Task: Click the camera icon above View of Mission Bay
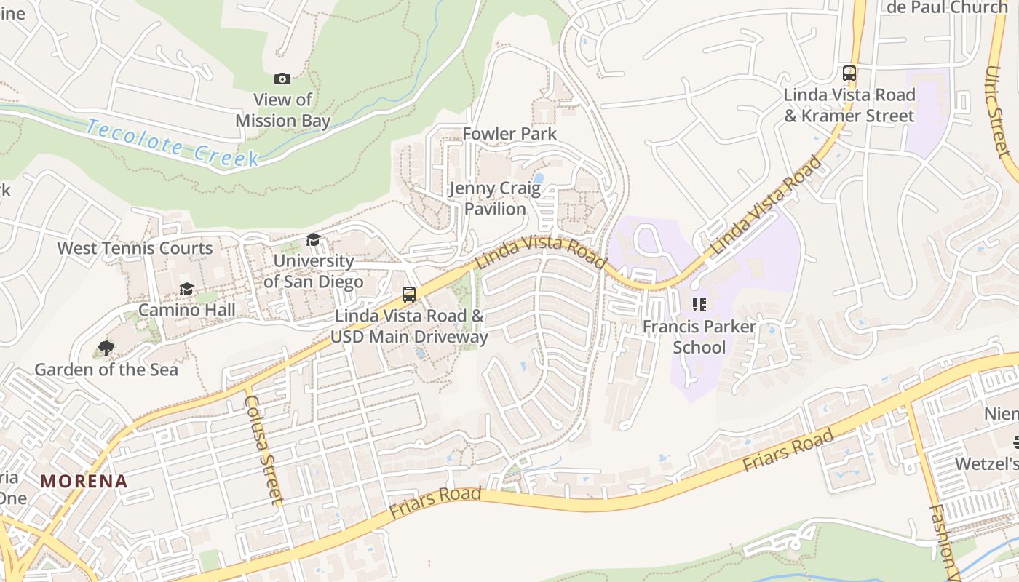pos(282,79)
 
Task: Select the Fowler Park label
pos(509,134)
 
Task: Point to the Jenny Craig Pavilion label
pos(495,199)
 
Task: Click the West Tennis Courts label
pos(135,248)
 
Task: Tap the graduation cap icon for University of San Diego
pos(313,240)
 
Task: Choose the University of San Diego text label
pos(313,271)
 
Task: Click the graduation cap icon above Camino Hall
pos(186,290)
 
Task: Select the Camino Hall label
pos(186,310)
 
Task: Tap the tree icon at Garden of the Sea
pos(106,348)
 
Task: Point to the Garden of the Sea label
pos(106,370)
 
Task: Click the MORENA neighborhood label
pos(84,481)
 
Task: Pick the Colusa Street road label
pos(263,450)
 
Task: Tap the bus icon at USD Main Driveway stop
pos(409,295)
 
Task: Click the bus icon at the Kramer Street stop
pos(849,73)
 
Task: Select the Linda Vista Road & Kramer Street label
pos(849,105)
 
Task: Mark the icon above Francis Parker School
pos(699,305)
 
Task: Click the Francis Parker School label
pos(699,337)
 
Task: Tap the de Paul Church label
pos(947,7)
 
